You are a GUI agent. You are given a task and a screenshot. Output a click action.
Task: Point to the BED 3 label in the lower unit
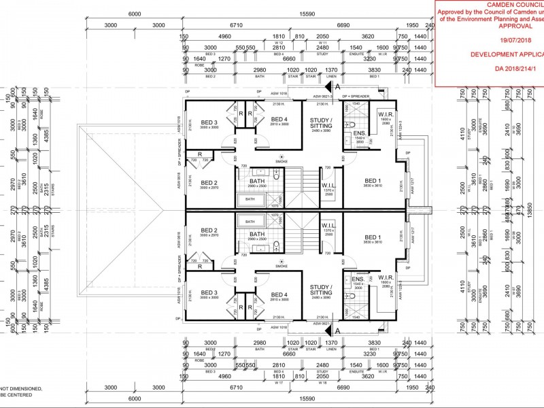tap(205, 292)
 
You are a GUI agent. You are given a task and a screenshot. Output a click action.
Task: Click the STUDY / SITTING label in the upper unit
tap(321, 122)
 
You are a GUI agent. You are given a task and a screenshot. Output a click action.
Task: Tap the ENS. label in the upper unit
tap(358, 133)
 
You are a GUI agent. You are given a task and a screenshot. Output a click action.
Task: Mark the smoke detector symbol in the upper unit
tap(282, 155)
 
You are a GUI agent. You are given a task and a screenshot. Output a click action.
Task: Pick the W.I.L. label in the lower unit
tap(328, 225)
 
